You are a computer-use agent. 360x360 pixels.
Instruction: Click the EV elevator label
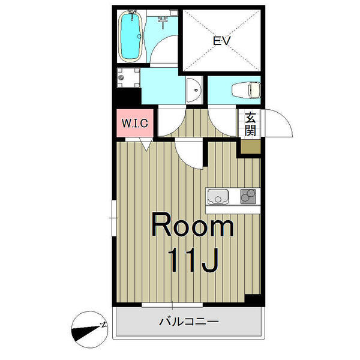[x=221, y=41]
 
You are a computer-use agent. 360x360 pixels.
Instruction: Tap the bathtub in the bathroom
[x=130, y=36]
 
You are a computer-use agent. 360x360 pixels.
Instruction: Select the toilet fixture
[x=246, y=89]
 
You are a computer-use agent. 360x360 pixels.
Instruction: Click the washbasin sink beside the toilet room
[x=194, y=90]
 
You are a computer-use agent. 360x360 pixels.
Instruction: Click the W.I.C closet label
[x=135, y=123]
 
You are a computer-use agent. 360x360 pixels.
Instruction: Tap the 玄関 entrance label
[x=250, y=124]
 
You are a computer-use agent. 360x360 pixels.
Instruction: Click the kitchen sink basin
[x=218, y=197]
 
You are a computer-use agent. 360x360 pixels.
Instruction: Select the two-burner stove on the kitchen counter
[x=248, y=197]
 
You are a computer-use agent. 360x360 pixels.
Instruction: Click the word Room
[x=193, y=225]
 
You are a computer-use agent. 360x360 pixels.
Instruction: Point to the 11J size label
[x=193, y=260]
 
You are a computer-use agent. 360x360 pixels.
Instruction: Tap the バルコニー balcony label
[x=189, y=322]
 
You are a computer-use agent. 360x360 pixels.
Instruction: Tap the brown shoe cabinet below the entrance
[x=250, y=147]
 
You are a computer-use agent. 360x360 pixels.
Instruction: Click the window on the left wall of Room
[x=114, y=218]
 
